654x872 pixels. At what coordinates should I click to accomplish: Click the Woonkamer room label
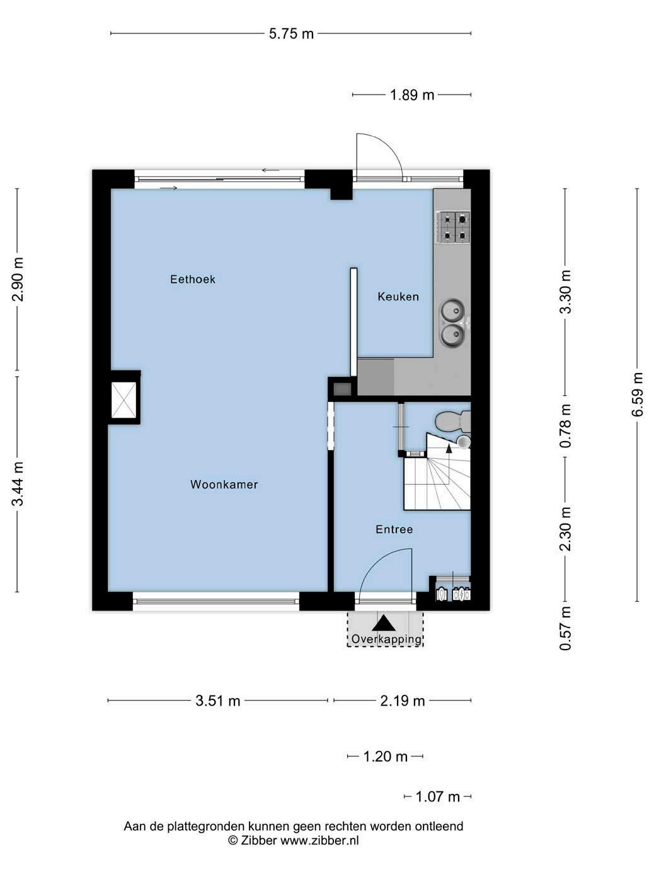(224, 485)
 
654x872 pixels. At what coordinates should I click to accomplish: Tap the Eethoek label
(193, 279)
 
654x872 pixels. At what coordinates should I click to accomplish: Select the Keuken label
(398, 296)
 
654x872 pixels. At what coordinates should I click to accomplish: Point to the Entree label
(394, 529)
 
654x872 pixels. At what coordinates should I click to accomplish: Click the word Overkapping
(386, 640)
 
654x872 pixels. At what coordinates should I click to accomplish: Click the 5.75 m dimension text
(291, 34)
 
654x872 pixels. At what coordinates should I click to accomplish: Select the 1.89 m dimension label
(412, 95)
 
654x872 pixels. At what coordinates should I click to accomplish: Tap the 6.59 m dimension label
(637, 394)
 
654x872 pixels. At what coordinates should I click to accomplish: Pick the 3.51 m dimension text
(217, 701)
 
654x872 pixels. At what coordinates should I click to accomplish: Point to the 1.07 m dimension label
(437, 796)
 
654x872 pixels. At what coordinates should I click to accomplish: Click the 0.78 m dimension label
(565, 426)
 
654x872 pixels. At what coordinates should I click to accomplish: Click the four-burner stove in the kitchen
(454, 227)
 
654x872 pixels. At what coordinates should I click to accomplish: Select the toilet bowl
(452, 421)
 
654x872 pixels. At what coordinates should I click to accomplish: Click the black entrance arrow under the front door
(384, 624)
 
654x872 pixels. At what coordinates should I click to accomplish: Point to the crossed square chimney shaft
(124, 400)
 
